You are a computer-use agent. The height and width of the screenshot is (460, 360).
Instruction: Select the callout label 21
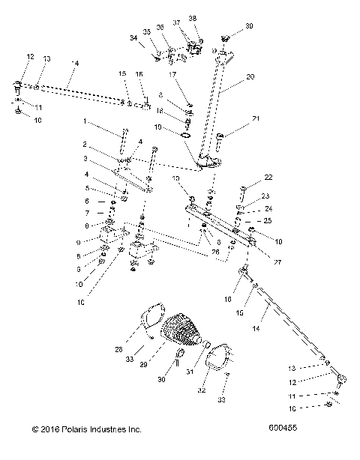(255, 119)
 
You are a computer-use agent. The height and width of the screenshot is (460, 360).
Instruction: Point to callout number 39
(249, 25)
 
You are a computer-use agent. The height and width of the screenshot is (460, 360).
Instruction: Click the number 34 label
(133, 37)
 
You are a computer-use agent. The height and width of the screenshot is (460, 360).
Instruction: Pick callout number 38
(193, 17)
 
